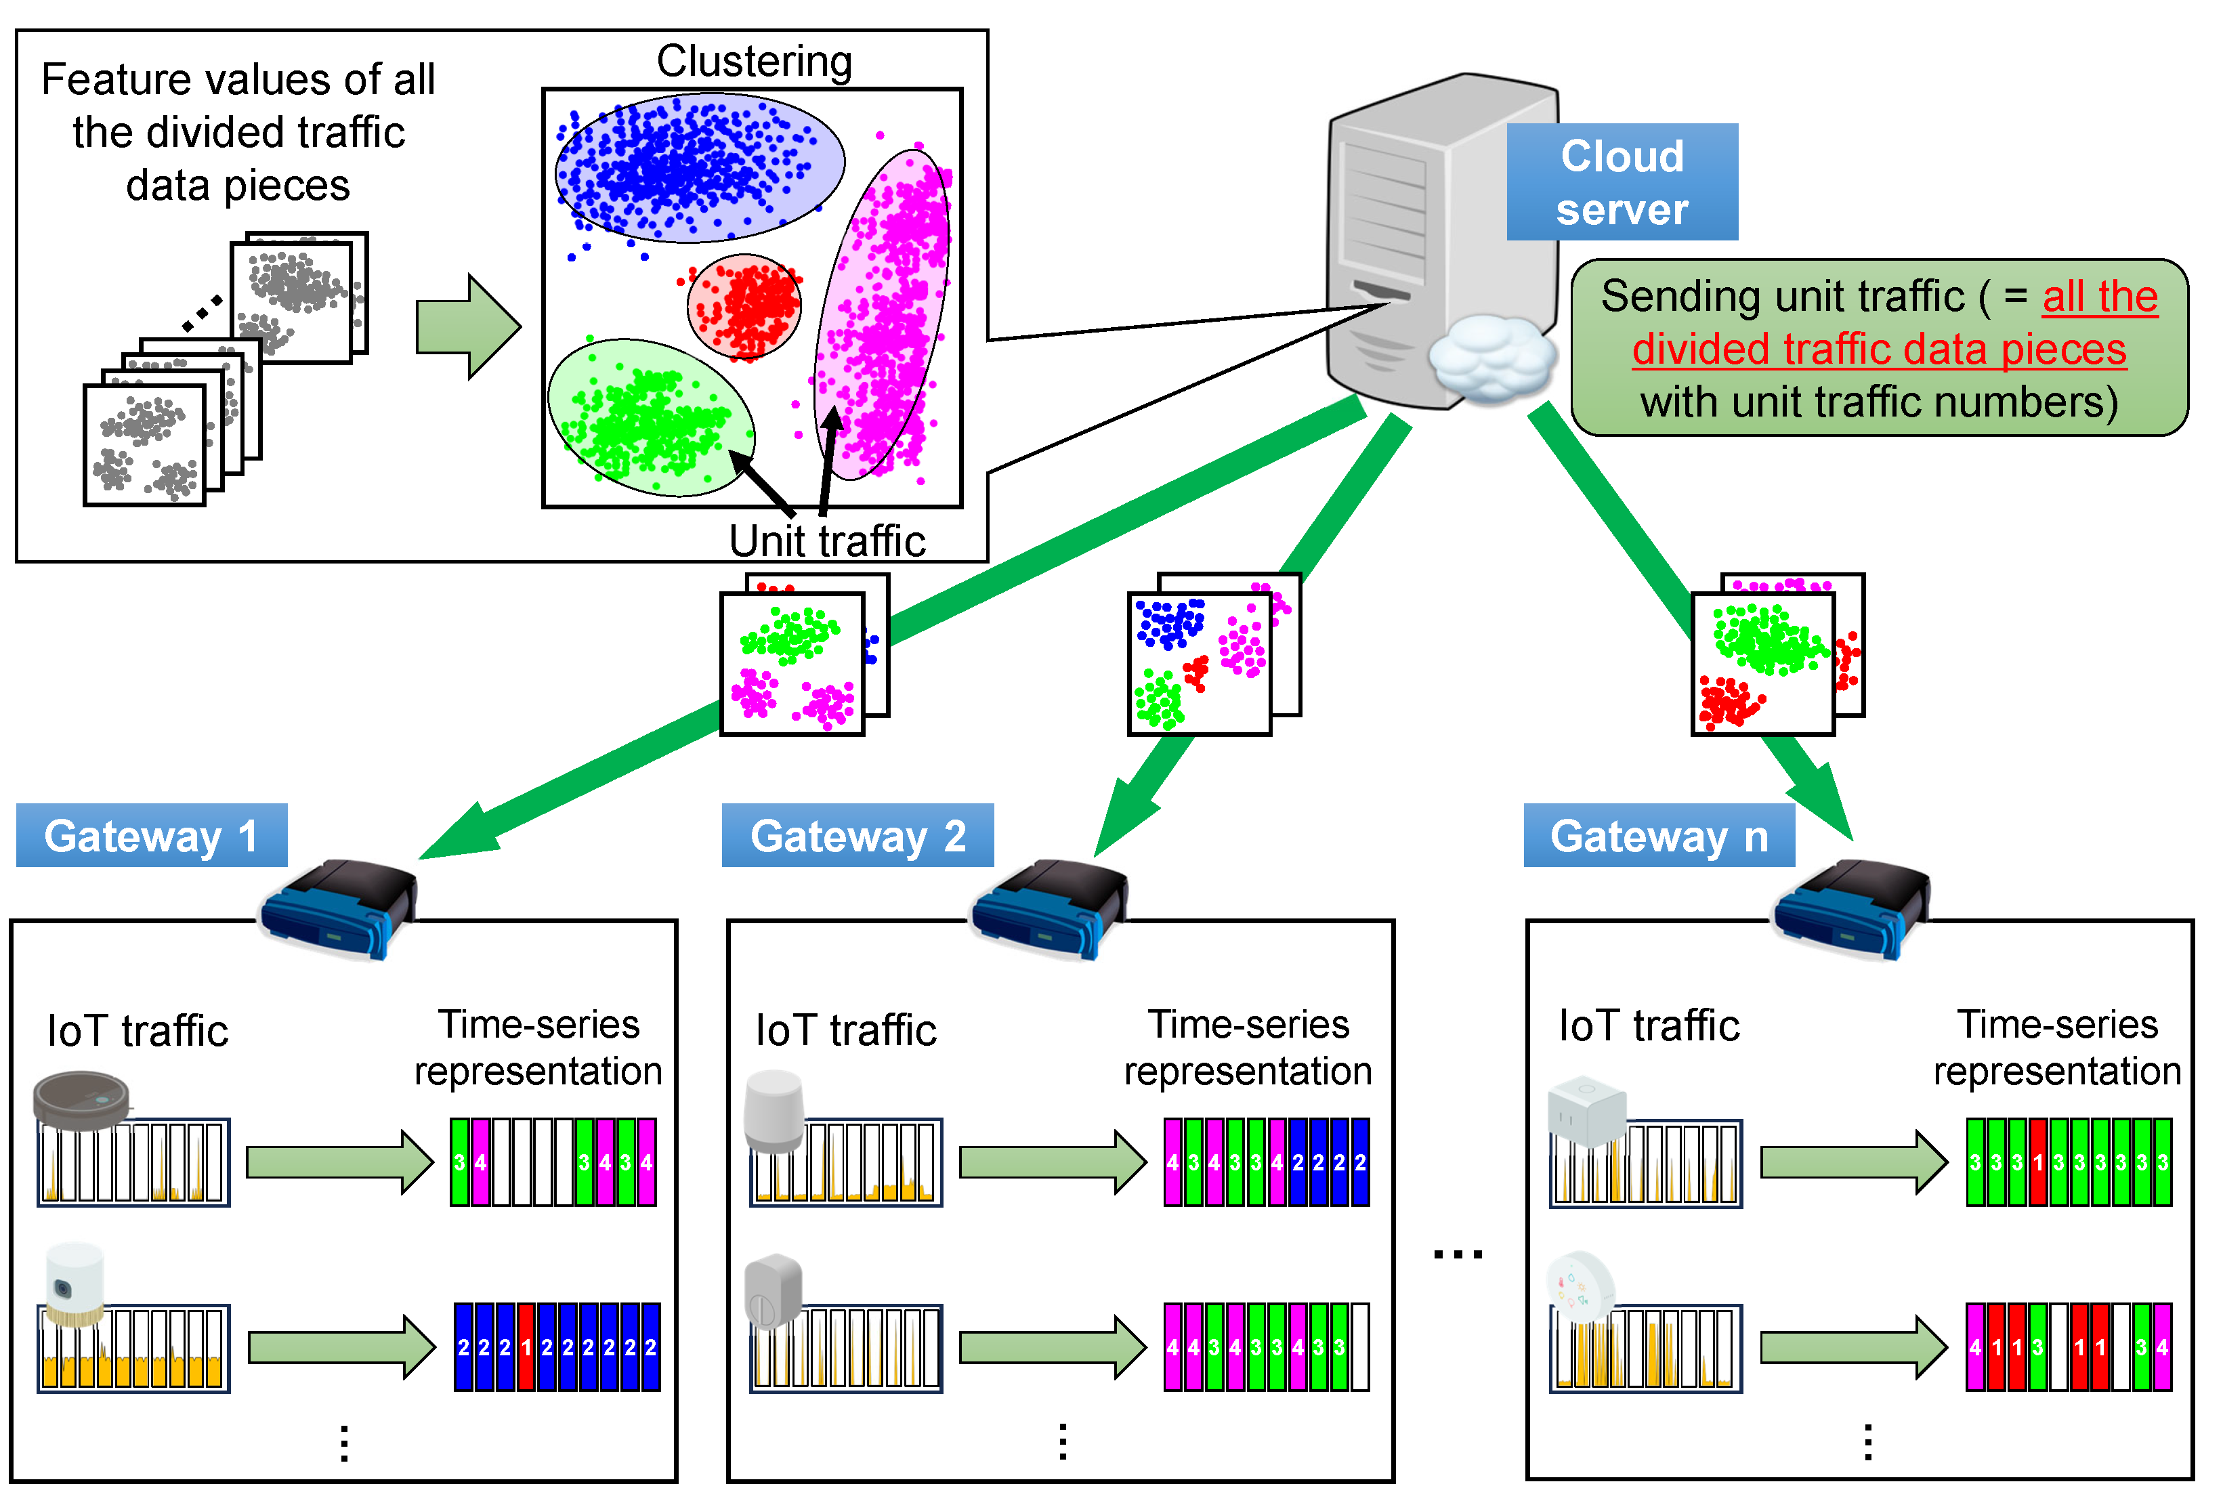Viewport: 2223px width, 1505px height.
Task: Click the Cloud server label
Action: (x=1622, y=182)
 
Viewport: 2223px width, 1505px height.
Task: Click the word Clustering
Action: (x=754, y=61)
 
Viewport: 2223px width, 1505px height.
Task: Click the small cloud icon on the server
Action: (x=1489, y=359)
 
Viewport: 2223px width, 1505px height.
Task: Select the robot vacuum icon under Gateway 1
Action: (x=81, y=1100)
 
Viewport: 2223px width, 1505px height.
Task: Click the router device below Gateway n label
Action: (x=1851, y=907)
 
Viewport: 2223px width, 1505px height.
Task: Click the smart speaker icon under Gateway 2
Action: (x=774, y=1110)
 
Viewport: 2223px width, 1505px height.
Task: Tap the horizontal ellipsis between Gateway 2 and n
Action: (x=1457, y=1253)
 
